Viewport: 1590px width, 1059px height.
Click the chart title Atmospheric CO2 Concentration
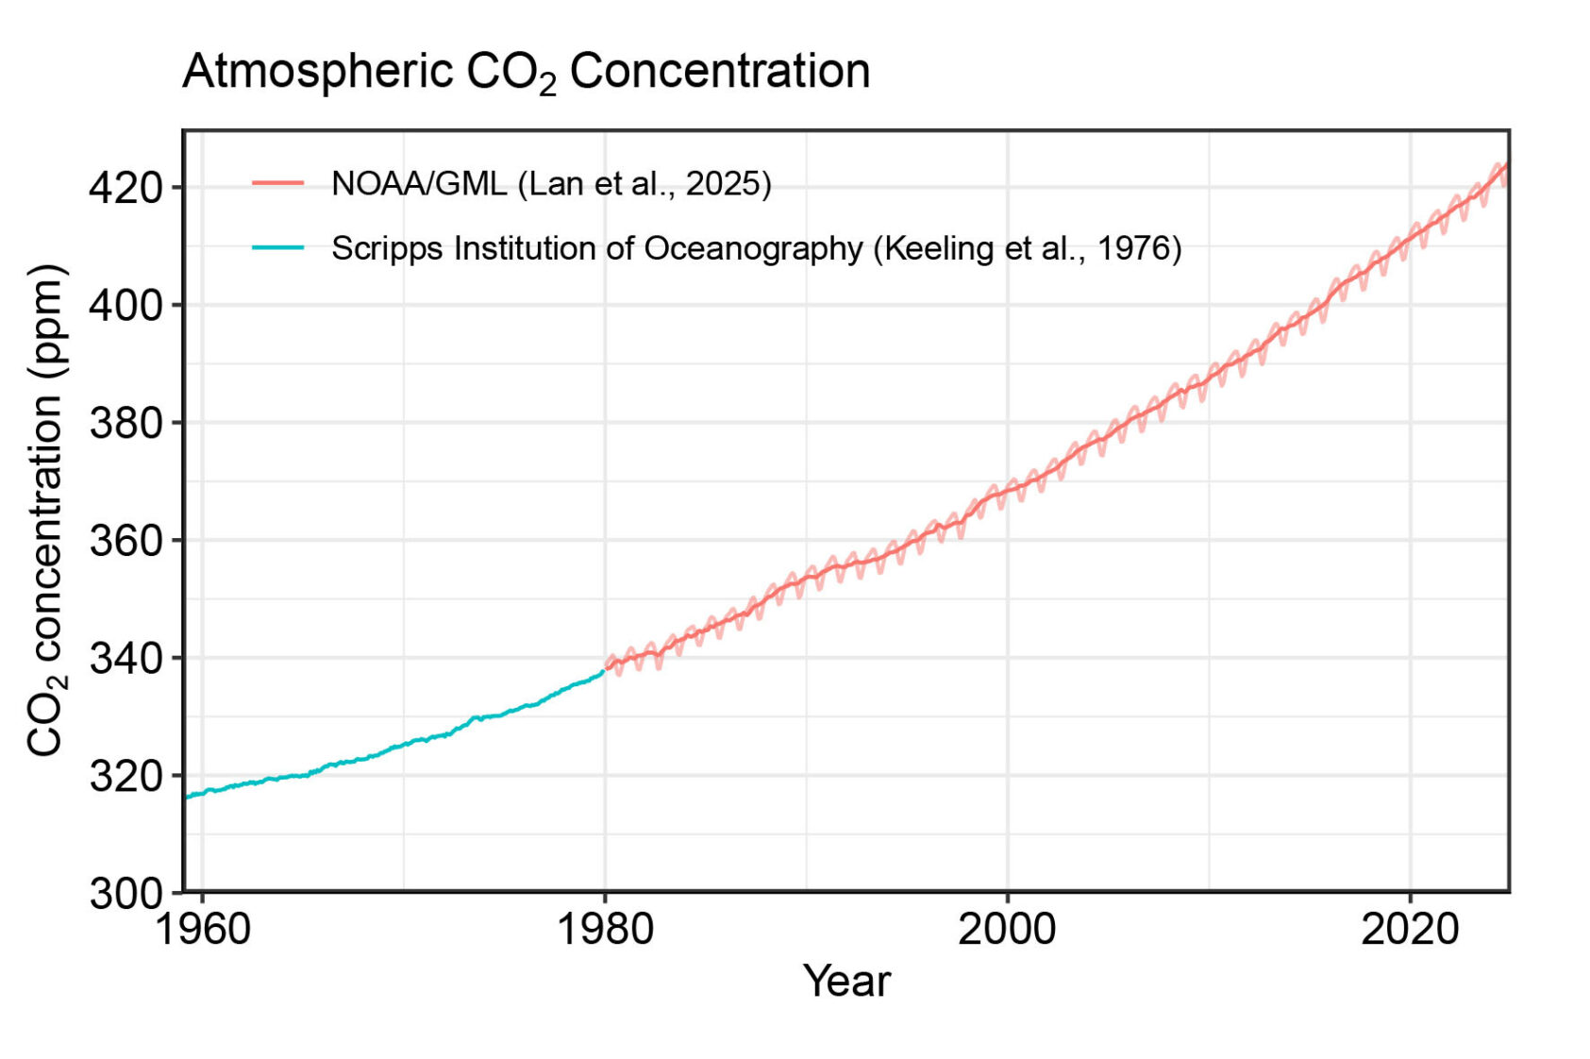point(526,73)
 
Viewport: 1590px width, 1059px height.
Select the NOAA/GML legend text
point(551,183)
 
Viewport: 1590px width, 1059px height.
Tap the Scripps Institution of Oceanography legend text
point(756,248)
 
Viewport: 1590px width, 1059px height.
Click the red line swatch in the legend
point(277,183)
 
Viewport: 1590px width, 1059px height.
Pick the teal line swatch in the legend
point(277,248)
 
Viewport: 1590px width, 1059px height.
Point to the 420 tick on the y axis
point(126,188)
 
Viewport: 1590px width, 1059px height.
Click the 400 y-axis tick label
point(126,306)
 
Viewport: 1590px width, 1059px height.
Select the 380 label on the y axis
point(126,423)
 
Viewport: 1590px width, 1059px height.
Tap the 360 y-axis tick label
point(126,541)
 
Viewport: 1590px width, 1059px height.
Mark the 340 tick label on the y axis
point(126,658)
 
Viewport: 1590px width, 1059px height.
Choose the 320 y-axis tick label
point(126,776)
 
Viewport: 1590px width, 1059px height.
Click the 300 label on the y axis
point(126,893)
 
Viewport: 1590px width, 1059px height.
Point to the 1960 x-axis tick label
point(202,930)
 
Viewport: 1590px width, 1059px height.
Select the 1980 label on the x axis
point(605,930)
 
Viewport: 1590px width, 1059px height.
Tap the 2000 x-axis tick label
point(1007,930)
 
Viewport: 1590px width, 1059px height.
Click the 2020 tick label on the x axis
point(1409,930)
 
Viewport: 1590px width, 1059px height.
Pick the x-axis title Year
point(846,982)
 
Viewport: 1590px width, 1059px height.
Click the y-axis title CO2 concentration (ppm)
point(45,511)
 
